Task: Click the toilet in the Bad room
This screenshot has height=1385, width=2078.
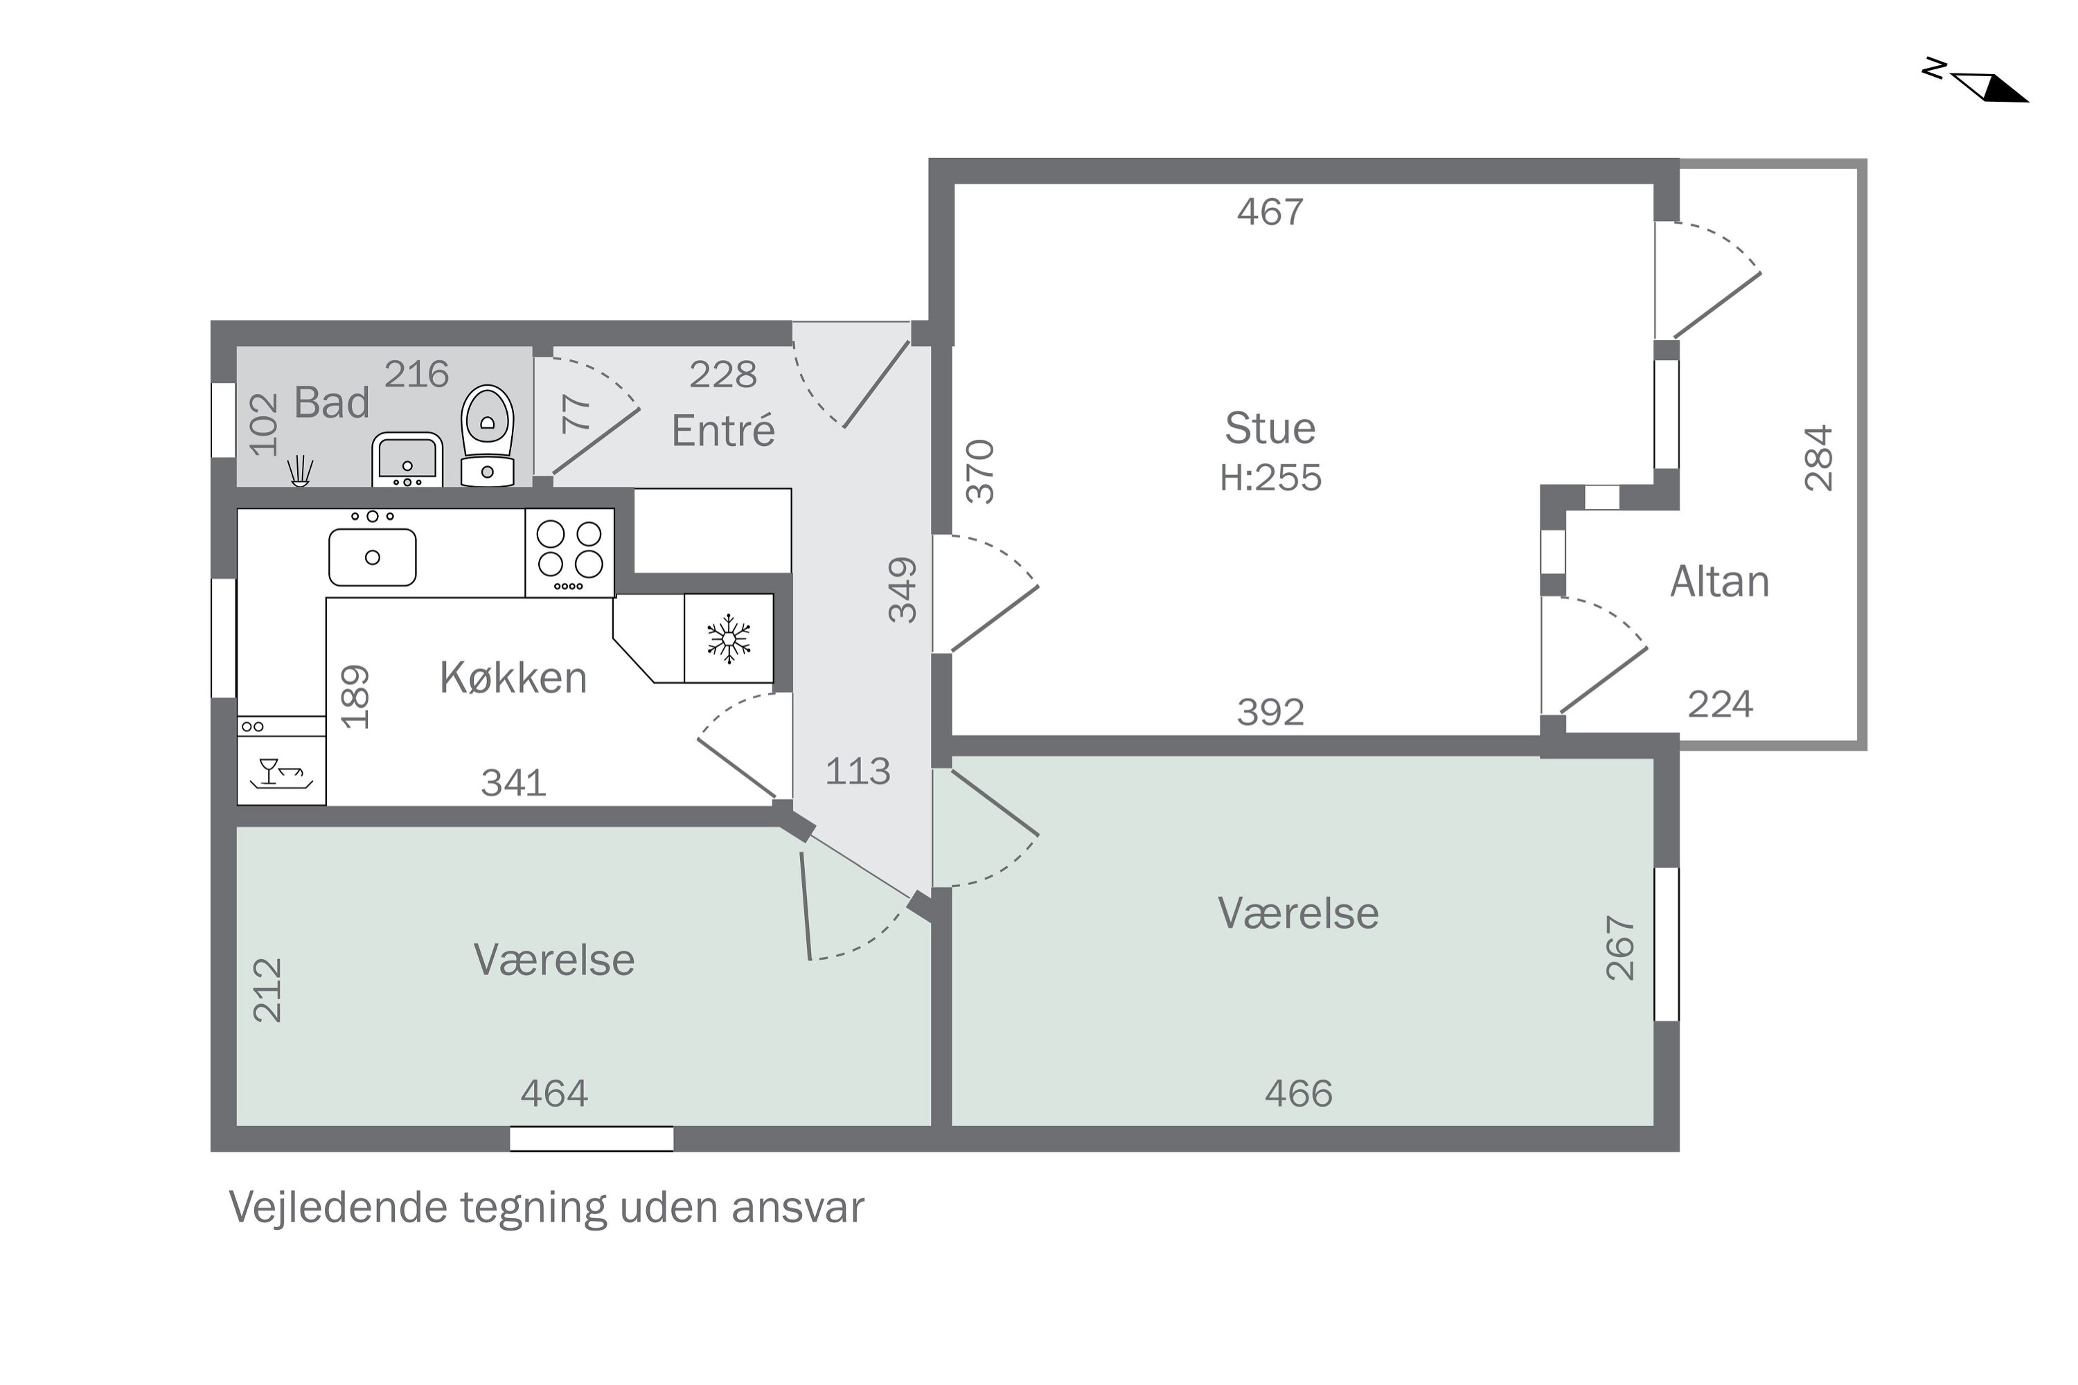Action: point(488,436)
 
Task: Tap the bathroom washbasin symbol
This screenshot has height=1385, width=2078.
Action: point(407,459)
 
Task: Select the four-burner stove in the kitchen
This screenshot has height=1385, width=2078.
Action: point(570,553)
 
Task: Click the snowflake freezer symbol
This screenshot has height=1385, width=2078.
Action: point(729,638)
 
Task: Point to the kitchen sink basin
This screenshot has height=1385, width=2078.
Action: point(373,557)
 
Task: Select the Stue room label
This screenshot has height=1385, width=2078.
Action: point(1270,429)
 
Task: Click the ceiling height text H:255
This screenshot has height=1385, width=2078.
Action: point(1270,478)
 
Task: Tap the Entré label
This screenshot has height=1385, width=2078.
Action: point(722,430)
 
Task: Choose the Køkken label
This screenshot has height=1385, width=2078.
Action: point(513,677)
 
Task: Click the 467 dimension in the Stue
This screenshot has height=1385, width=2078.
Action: point(1270,212)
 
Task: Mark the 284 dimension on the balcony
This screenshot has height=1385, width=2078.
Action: point(1819,458)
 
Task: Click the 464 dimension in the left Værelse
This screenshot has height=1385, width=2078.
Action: point(554,1093)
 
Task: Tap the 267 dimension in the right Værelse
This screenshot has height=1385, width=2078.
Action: point(1620,948)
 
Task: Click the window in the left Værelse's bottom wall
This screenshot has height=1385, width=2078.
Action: point(592,1138)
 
